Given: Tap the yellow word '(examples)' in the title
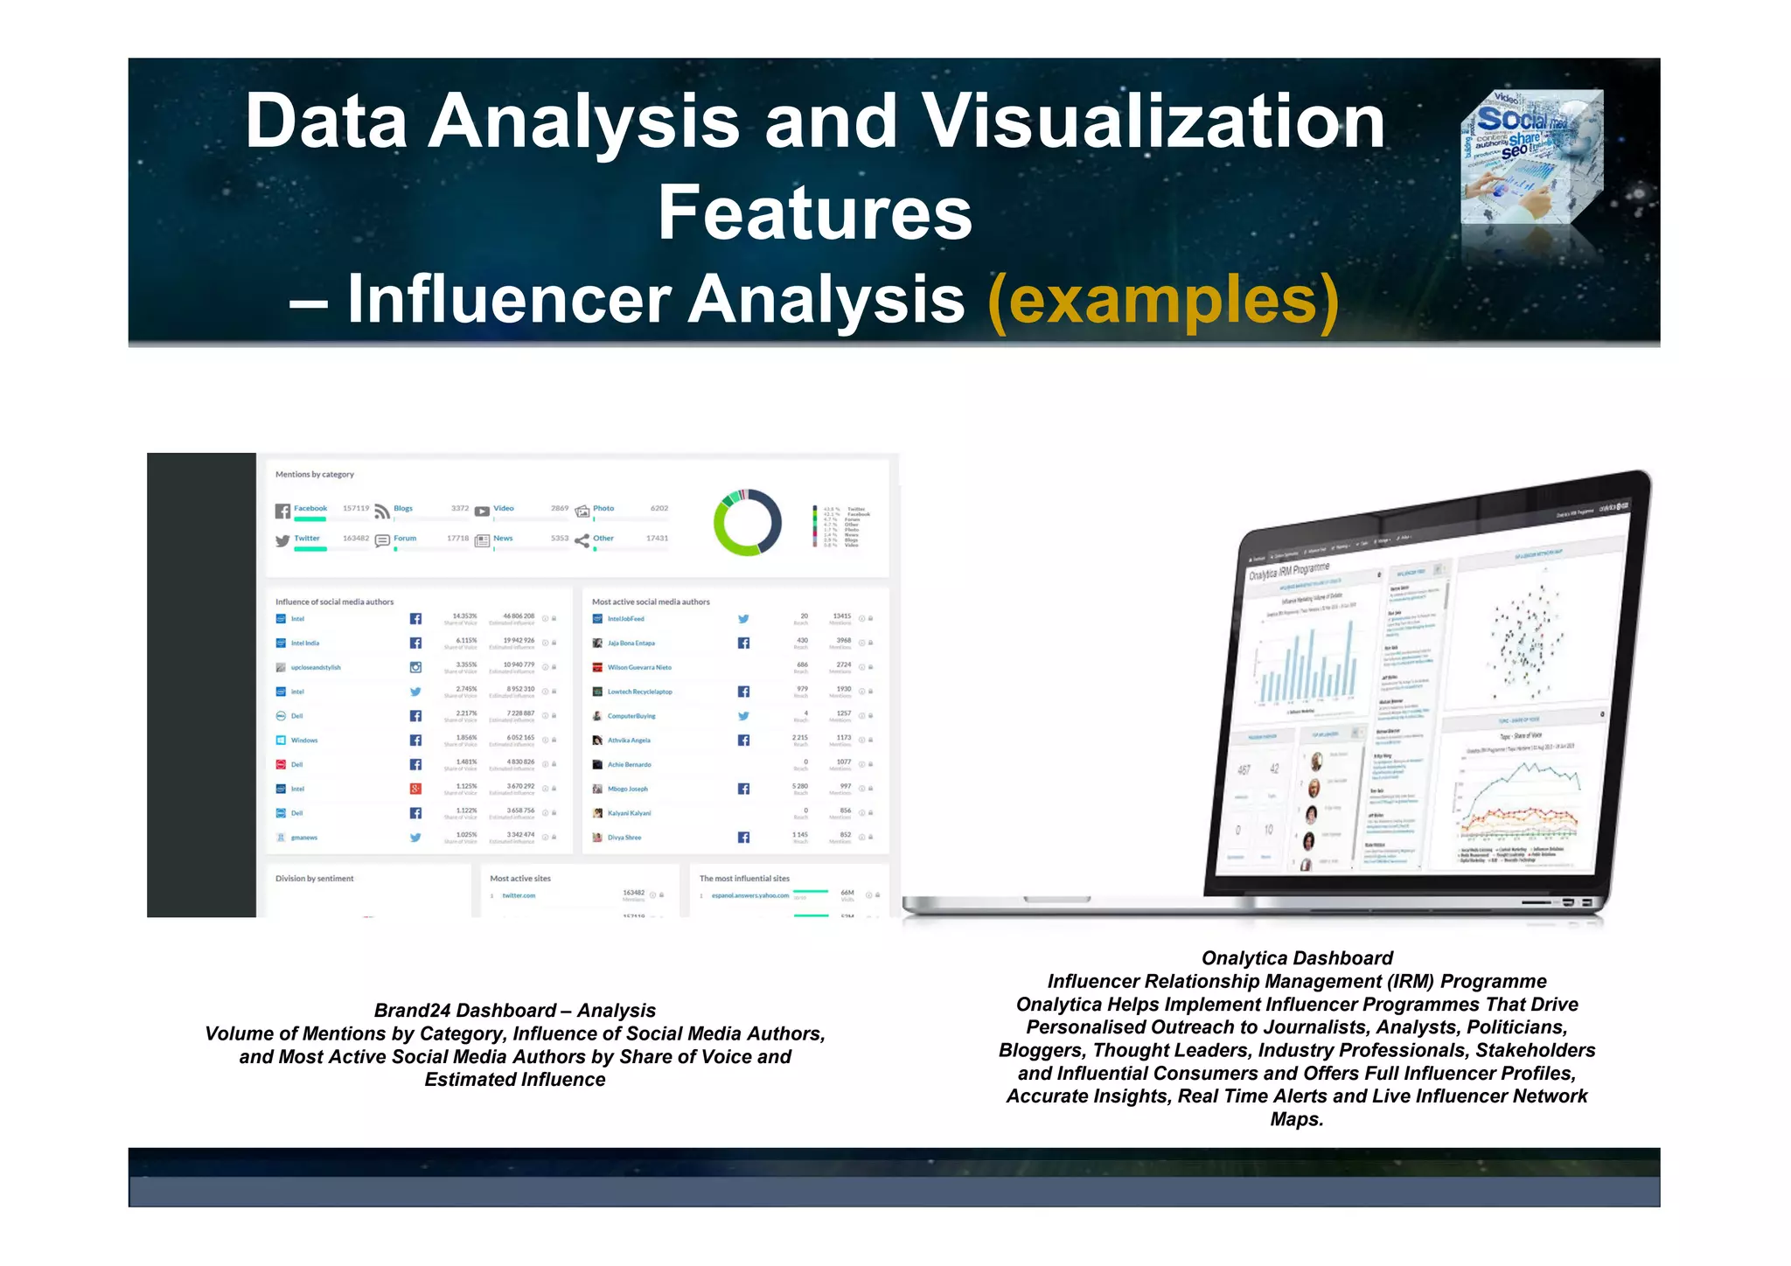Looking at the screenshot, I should pyautogui.click(x=1162, y=300).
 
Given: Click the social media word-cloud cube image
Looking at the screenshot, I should pyautogui.click(x=1531, y=157).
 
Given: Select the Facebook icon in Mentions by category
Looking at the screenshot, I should pyautogui.click(x=282, y=511).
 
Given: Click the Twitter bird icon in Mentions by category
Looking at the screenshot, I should pyautogui.click(x=282, y=541).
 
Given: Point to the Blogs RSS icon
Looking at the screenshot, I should pyautogui.click(x=382, y=511).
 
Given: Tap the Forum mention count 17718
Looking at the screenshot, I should pyautogui.click(x=457, y=539).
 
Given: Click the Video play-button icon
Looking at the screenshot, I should pyautogui.click(x=482, y=511).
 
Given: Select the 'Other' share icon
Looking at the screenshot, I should pyautogui.click(x=582, y=541).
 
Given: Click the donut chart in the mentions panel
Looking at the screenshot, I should pyautogui.click(x=748, y=522).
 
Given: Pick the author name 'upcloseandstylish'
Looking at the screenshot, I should pyautogui.click(x=316, y=668).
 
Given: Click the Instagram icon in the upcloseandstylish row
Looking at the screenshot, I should pyautogui.click(x=415, y=667).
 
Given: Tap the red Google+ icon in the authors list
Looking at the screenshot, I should pyautogui.click(x=415, y=789).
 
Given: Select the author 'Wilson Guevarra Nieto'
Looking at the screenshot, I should pyautogui.click(x=639, y=668).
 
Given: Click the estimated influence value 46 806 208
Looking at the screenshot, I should pyautogui.click(x=519, y=616).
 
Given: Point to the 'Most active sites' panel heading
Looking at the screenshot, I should pyautogui.click(x=520, y=879).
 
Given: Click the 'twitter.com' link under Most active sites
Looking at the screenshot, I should pyautogui.click(x=519, y=896).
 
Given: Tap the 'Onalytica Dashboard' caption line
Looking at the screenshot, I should pyautogui.click(x=1296, y=958).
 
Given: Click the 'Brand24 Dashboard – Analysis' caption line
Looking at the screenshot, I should pyautogui.click(x=514, y=1011).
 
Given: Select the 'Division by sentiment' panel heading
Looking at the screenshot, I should pyautogui.click(x=315, y=879).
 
